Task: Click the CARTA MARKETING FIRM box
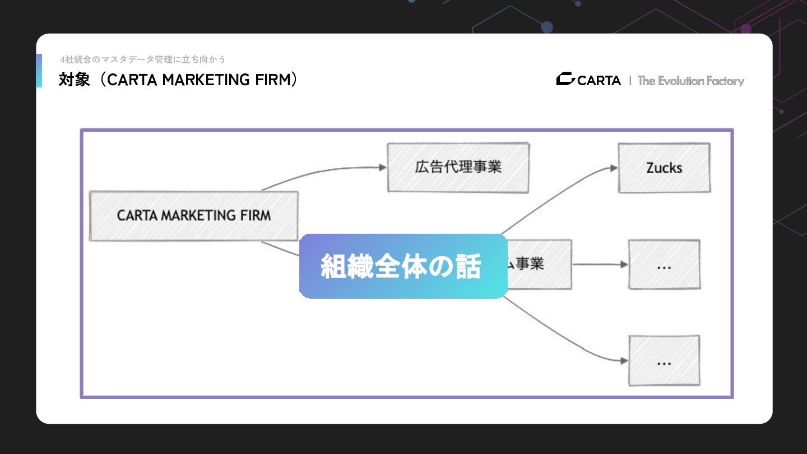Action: coord(193,216)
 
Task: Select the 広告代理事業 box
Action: coord(458,167)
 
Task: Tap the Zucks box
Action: coord(664,168)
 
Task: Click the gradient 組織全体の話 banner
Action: coord(403,266)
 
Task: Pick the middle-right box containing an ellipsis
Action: coord(664,265)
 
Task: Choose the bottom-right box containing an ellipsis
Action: coord(664,360)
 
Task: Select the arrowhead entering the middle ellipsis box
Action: coord(624,265)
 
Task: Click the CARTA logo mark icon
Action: coord(565,80)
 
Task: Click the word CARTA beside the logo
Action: coord(599,81)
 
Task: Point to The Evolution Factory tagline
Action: coord(690,81)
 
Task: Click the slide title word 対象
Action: coord(74,80)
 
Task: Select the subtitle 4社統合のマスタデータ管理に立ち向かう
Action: coord(143,59)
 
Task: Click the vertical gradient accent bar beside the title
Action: coord(39,71)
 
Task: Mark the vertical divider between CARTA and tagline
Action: coord(630,81)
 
